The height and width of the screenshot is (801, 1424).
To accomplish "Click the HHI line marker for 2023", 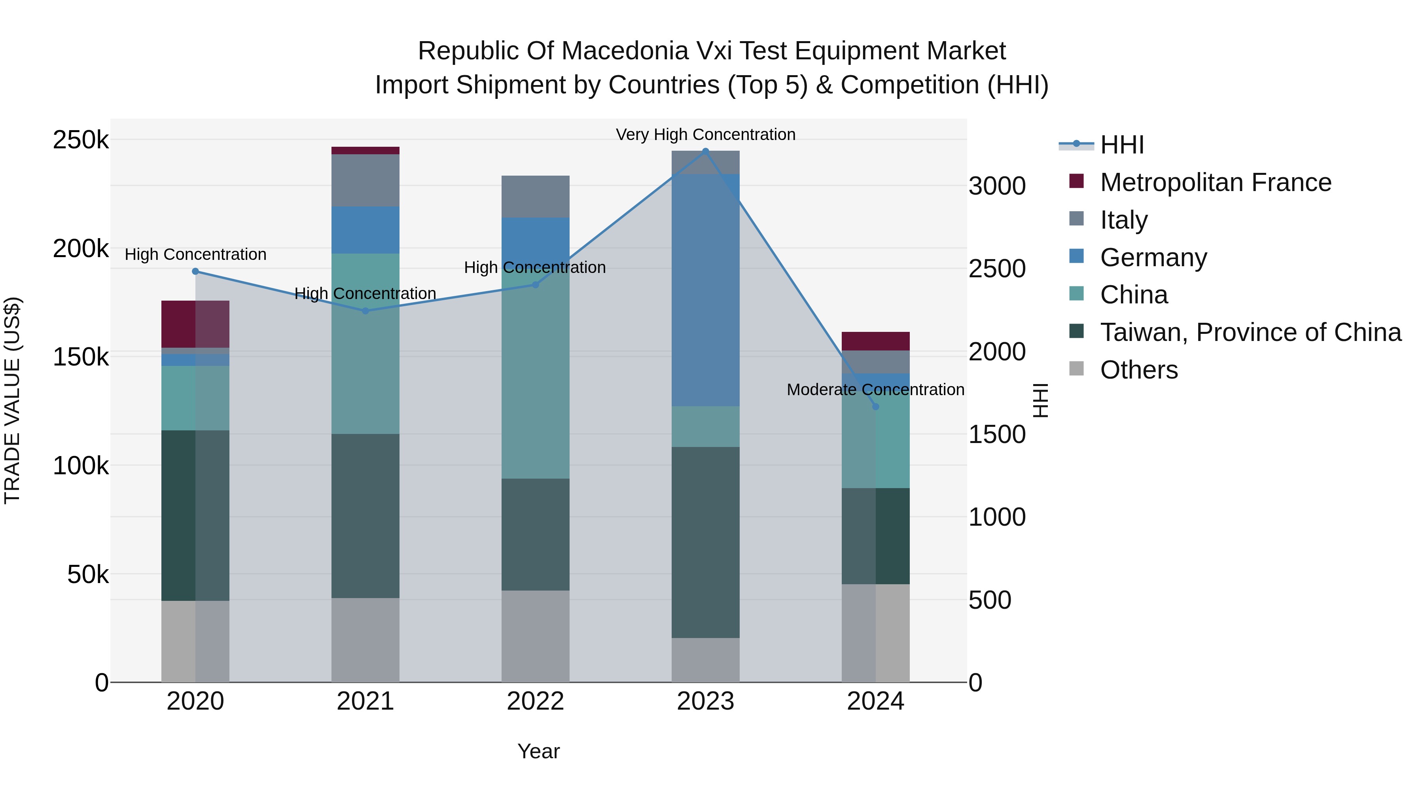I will click(705, 151).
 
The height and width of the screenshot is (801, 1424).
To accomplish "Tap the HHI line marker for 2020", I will click(195, 271).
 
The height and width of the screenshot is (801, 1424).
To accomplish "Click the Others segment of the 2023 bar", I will click(705, 660).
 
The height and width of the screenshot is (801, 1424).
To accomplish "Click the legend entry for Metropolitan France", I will click(1215, 182).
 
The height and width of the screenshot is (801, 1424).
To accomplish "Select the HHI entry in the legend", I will click(1121, 145).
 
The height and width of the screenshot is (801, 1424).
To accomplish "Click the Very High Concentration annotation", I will click(705, 134).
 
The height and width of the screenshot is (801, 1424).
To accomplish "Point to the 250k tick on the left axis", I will click(81, 140).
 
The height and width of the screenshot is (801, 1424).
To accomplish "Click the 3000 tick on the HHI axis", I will click(997, 186).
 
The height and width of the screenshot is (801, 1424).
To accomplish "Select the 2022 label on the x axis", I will click(535, 701).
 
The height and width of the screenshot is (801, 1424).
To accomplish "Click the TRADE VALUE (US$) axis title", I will click(12, 400).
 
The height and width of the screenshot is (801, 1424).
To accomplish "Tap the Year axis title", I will click(538, 751).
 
